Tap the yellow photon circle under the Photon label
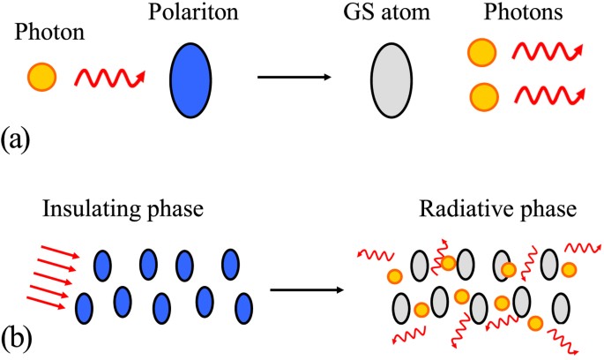pyautogui.click(x=41, y=78)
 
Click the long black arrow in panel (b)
pyautogui.click(x=307, y=288)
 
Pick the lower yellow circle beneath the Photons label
pyautogui.click(x=483, y=94)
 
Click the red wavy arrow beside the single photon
pyautogui.click(x=108, y=79)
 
